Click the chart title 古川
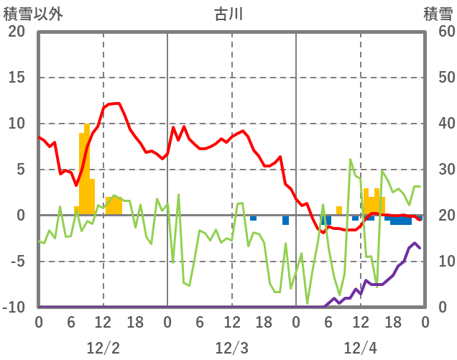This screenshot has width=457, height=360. click(228, 14)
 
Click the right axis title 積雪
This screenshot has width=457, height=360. click(438, 14)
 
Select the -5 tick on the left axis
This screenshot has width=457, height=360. click(16, 262)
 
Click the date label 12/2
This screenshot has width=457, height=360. click(103, 348)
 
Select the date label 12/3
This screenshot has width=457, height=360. click(231, 348)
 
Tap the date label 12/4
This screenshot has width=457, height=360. click(360, 348)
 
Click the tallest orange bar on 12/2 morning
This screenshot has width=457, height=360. click(87, 169)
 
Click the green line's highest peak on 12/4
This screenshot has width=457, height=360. click(350, 159)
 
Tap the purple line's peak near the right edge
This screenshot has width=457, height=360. click(415, 244)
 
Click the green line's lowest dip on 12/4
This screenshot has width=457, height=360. click(308, 303)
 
